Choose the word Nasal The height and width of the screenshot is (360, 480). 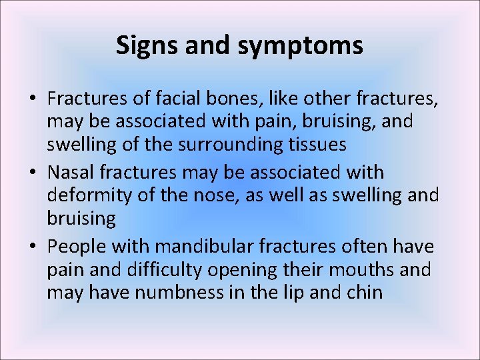(71, 172)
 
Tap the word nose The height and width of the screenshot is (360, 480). (230, 196)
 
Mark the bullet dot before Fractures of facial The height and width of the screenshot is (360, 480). (33, 99)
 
